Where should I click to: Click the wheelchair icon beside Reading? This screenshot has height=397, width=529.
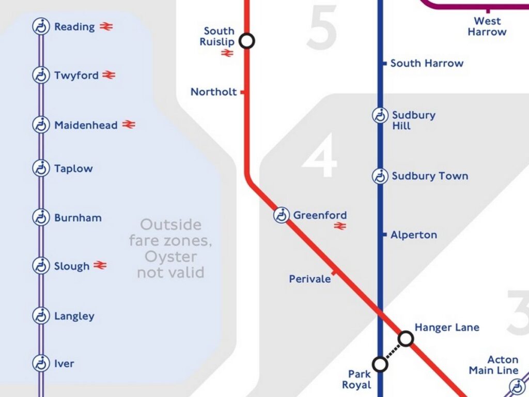click(x=40, y=26)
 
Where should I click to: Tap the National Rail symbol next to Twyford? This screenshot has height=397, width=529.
click(x=108, y=75)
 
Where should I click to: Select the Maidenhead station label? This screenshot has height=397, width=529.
click(x=86, y=125)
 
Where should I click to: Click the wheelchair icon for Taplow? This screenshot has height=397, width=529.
click(x=40, y=168)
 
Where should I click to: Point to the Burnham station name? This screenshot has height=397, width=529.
click(x=78, y=218)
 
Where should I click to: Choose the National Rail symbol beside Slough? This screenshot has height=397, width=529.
click(x=100, y=266)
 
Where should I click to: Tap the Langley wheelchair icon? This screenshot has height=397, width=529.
click(x=40, y=315)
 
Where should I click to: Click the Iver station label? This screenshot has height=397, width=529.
click(x=64, y=364)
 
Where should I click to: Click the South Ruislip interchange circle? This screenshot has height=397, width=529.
click(x=247, y=40)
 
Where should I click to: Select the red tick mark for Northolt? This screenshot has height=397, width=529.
click(x=242, y=92)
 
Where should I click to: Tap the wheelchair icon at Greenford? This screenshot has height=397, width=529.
click(x=281, y=215)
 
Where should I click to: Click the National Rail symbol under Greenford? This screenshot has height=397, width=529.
click(x=339, y=226)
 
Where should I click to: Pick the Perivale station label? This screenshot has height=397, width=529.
click(x=310, y=279)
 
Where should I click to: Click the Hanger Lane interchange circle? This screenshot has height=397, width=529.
click(x=406, y=339)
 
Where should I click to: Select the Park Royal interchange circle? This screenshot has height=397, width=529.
click(x=380, y=364)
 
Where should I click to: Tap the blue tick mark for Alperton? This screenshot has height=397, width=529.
click(x=385, y=235)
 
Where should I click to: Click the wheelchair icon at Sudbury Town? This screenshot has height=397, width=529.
click(x=380, y=176)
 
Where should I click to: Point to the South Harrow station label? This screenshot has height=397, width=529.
click(x=427, y=63)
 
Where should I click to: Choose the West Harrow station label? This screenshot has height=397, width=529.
click(x=487, y=26)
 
